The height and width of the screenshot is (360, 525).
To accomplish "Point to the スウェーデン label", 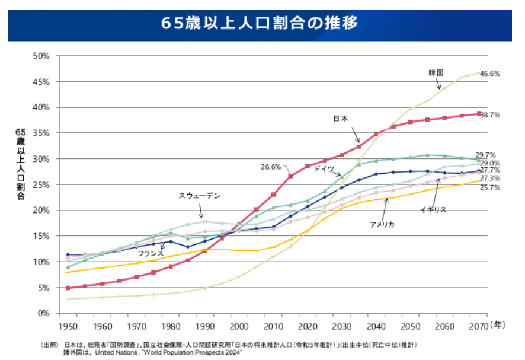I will [x=199, y=195].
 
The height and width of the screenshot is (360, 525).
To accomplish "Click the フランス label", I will [x=151, y=253].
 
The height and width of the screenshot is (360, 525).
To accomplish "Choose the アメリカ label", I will [x=382, y=225].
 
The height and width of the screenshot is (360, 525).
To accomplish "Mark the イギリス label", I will [x=433, y=210].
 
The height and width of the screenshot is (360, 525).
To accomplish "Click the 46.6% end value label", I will [x=490, y=74].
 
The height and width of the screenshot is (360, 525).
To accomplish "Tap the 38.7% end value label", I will [x=490, y=114].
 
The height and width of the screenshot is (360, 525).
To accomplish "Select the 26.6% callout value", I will [x=270, y=167].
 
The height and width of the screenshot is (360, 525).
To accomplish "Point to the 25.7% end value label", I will [x=490, y=188].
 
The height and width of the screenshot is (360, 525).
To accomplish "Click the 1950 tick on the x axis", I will [x=68, y=327].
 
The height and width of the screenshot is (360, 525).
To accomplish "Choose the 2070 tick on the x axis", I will [x=478, y=327].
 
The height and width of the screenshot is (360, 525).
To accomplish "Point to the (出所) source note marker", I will [x=49, y=345].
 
